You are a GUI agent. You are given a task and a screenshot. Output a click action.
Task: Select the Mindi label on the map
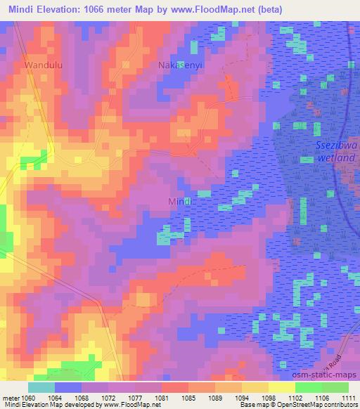point(181,202)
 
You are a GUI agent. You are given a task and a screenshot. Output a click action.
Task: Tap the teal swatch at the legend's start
point(41,387)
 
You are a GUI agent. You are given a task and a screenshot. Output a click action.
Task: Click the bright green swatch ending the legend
point(335,387)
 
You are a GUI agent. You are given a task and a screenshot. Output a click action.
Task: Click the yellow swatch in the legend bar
point(281,387)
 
